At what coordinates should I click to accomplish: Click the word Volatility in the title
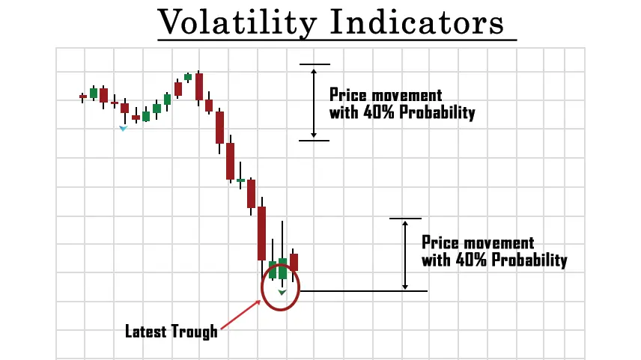[237, 22]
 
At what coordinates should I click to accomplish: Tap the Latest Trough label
[171, 332]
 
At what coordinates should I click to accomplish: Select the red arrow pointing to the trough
[240, 314]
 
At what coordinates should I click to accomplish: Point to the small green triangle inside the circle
[282, 292]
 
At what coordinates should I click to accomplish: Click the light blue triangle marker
[123, 128]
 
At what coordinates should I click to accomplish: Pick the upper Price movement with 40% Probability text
[402, 104]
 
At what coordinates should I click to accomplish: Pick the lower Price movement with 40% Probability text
[494, 251]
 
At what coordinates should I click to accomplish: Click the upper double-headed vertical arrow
[314, 103]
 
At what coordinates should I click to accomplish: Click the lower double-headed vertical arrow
[404, 255]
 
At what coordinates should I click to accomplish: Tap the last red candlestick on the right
[294, 263]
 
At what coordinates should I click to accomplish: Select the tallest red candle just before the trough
[261, 234]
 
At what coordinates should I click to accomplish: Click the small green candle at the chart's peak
[188, 77]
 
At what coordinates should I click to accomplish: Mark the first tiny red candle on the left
[82, 97]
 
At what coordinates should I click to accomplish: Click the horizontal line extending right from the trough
[364, 291]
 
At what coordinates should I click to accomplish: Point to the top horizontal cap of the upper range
[315, 64]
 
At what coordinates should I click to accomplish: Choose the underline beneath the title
[337, 40]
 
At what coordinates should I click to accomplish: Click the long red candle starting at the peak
[199, 87]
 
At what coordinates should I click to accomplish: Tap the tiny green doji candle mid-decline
[240, 180]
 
